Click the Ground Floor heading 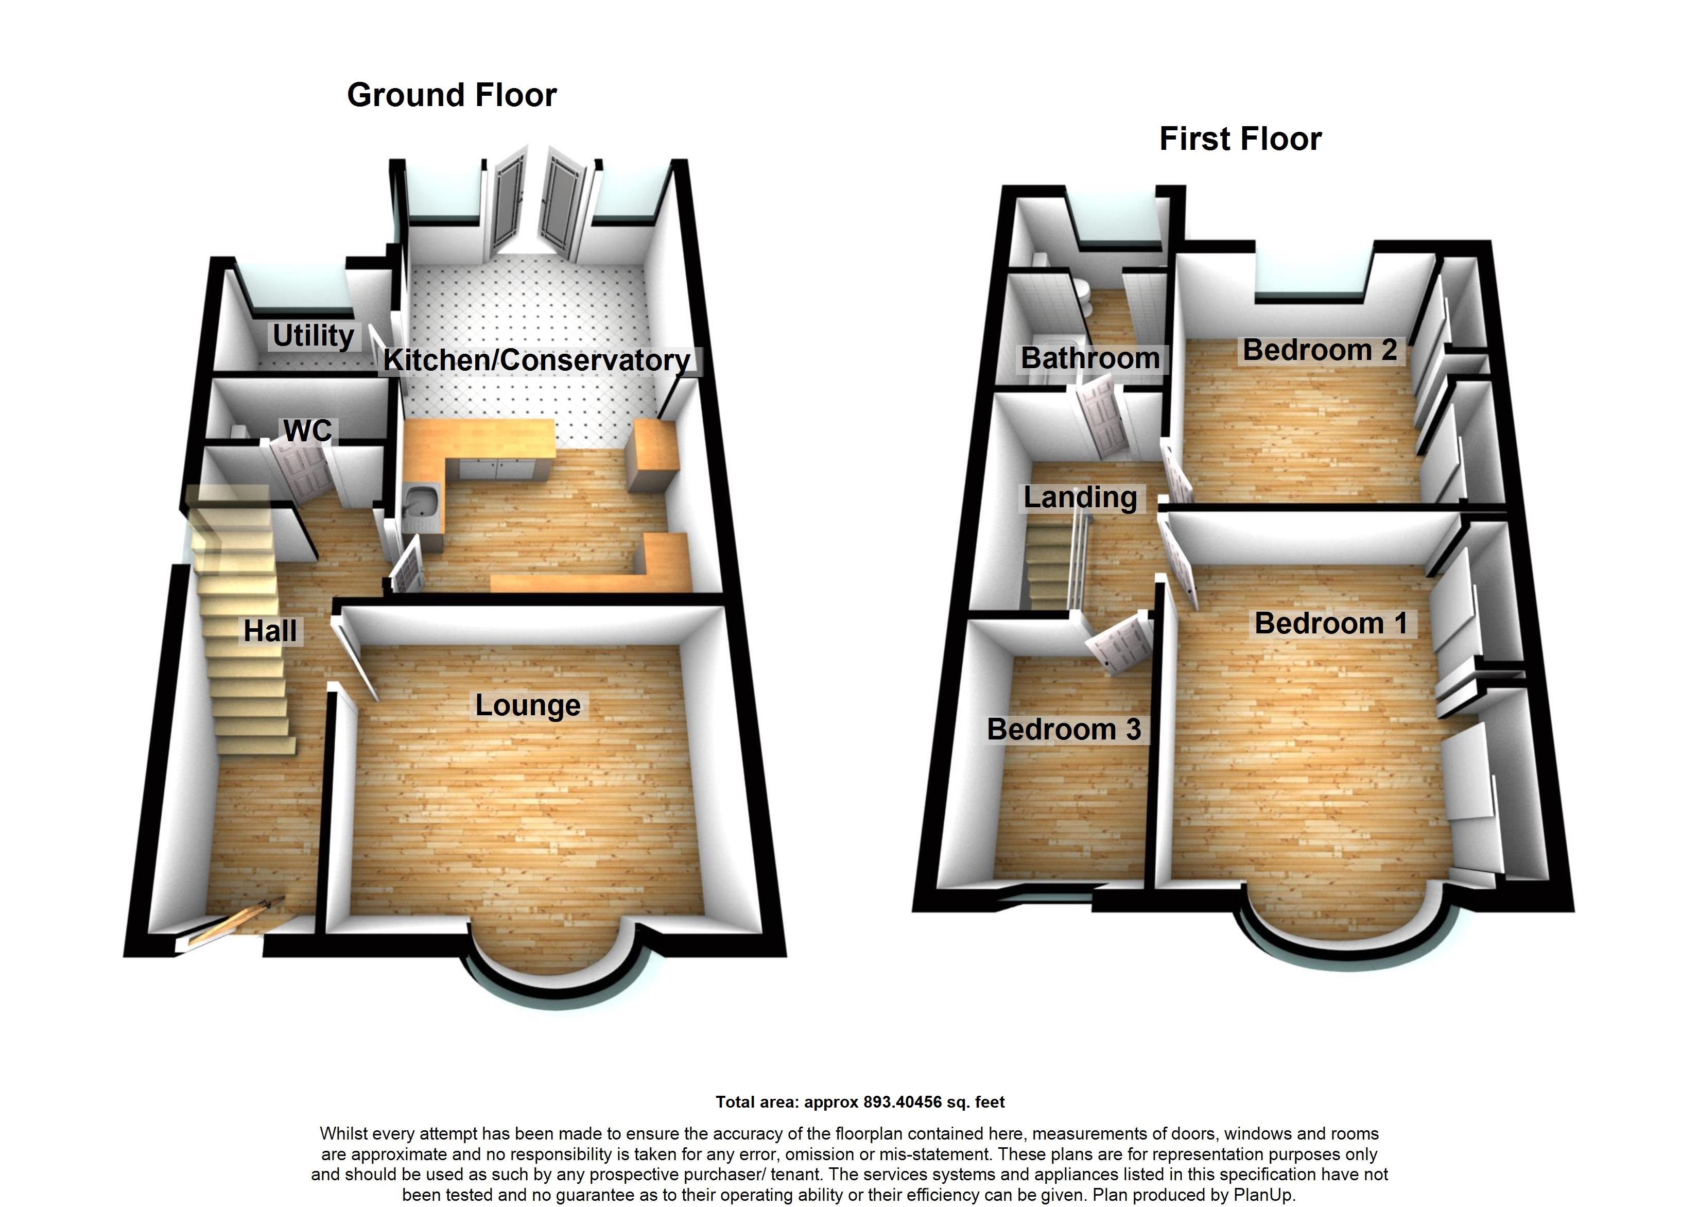click(452, 95)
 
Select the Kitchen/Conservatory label click(536, 360)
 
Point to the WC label click(307, 430)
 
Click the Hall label click(270, 631)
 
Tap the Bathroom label click(1090, 358)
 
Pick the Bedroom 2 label click(1320, 350)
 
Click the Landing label click(1080, 497)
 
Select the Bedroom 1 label click(1331, 623)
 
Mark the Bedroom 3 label click(1063, 729)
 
